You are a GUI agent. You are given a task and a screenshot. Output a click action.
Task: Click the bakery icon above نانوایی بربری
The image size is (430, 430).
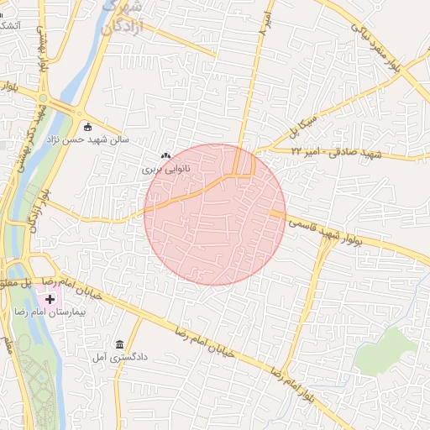coord(165,155)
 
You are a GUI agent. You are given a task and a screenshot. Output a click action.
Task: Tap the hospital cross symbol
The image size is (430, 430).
coord(50,299)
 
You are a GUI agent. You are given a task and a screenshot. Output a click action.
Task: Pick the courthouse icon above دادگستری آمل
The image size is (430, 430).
coord(120,345)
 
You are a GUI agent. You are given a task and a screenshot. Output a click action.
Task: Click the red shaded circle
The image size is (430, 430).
coord(215,215)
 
